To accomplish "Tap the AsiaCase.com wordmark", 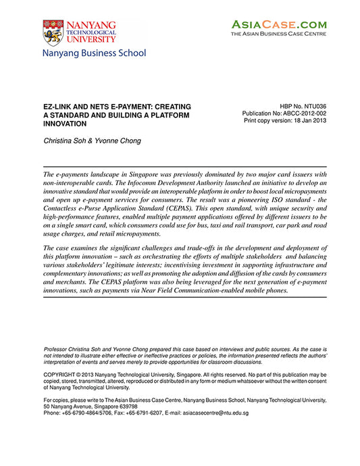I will pos(278,24).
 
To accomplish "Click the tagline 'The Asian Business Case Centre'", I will pos(278,33).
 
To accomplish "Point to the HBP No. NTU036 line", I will pos(302,107).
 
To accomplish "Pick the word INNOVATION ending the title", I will pos(68,124).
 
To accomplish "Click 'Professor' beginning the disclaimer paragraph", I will pos(58,348).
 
